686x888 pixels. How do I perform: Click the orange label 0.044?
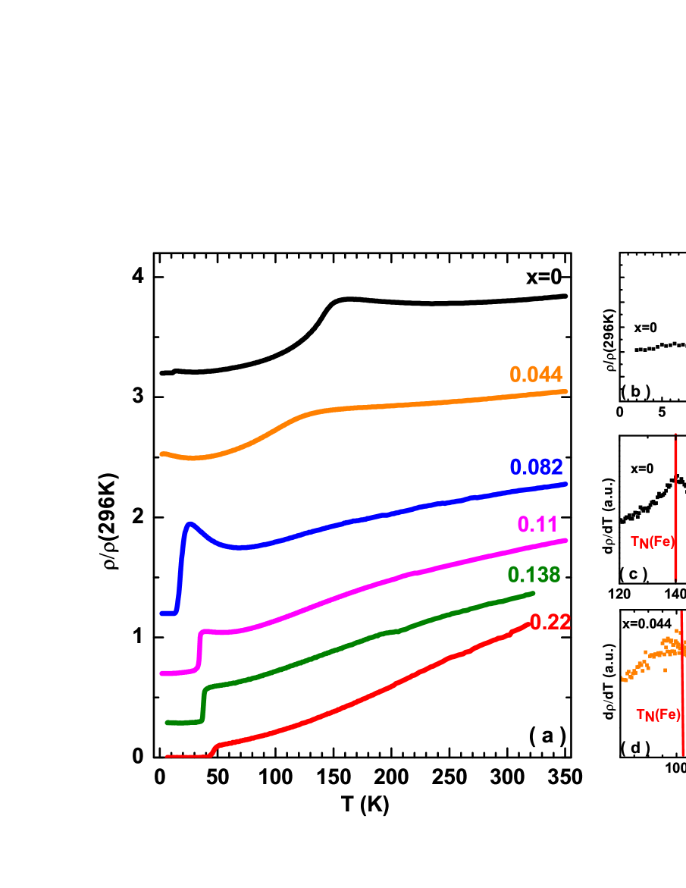(535, 375)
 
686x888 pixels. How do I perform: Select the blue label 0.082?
(536, 467)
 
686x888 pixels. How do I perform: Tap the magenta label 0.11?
(537, 524)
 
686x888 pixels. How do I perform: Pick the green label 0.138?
(534, 575)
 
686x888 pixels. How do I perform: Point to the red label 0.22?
(550, 623)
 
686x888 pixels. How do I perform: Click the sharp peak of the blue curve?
(190, 523)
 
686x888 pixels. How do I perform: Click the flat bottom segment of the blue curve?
(168, 613)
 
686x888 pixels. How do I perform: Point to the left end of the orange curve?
(161, 453)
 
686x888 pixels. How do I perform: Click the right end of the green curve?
(534, 593)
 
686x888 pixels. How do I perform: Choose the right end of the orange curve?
(566, 391)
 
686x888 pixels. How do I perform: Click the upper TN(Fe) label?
(652, 542)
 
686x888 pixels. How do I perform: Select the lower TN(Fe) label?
(658, 714)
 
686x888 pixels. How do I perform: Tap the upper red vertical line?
(675, 508)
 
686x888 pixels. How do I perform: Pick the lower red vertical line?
(683, 682)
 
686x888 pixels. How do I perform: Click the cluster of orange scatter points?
(652, 656)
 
